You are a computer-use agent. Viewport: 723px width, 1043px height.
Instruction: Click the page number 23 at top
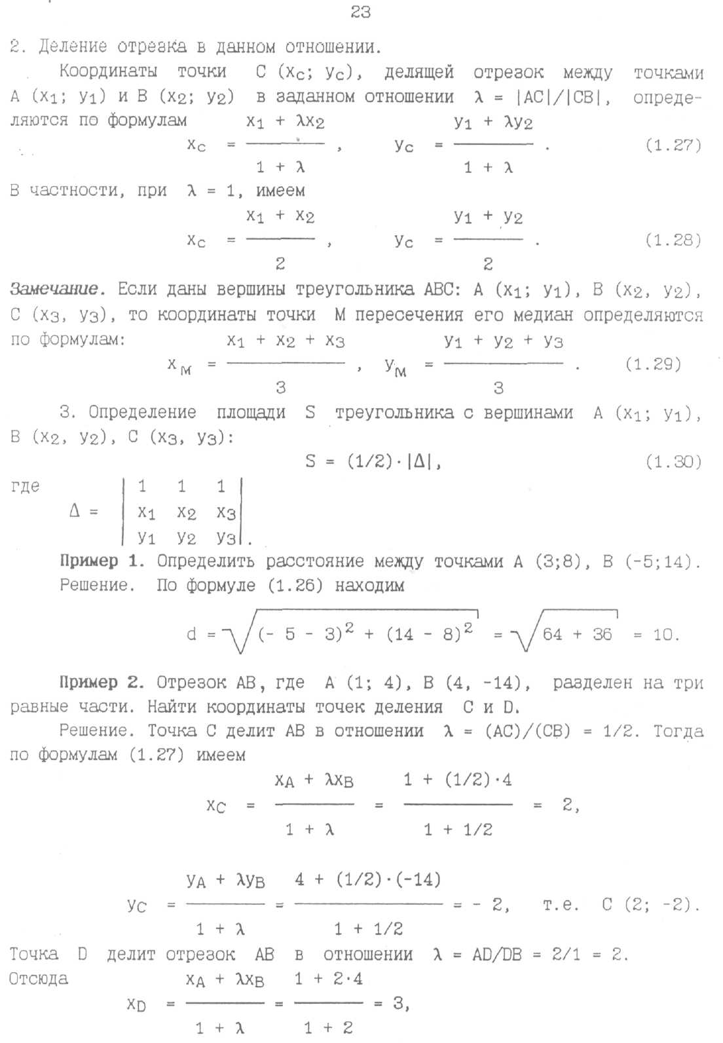(361, 12)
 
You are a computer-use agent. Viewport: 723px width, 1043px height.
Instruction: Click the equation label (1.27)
(673, 145)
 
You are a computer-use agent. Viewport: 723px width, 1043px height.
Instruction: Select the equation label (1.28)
(673, 240)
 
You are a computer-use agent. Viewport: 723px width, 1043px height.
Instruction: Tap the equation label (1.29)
(653, 364)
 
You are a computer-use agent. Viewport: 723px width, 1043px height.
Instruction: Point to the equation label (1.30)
(673, 462)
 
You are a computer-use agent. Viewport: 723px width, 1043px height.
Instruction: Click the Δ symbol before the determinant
(75, 511)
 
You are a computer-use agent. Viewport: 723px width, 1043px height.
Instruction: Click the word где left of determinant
(26, 486)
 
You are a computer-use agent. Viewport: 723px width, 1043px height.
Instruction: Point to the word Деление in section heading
(72, 47)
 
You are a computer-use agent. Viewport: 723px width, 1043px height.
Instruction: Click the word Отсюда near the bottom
(39, 979)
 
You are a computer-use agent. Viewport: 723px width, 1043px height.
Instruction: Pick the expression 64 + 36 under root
(577, 634)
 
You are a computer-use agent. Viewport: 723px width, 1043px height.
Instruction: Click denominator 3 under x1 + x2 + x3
(281, 388)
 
